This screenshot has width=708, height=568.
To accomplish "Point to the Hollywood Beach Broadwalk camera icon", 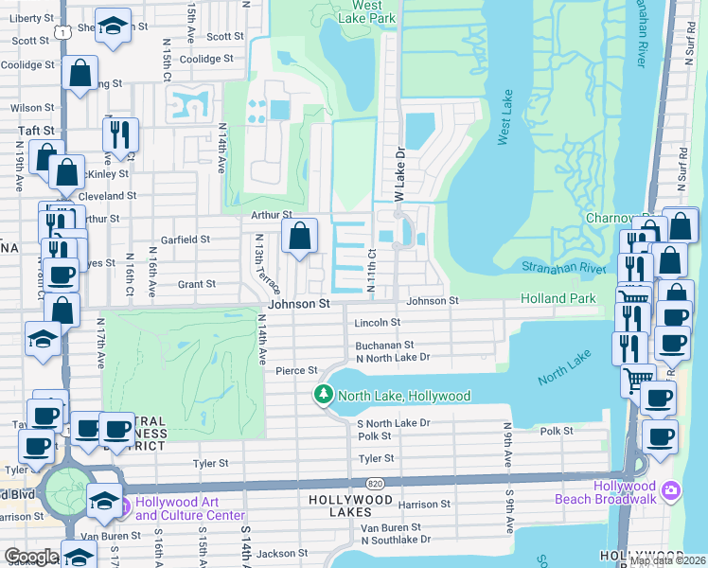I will [x=671, y=489].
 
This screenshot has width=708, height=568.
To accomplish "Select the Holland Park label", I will [x=558, y=299].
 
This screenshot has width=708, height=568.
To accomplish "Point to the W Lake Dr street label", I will [x=399, y=175].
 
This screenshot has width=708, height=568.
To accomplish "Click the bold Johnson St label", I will [x=298, y=305].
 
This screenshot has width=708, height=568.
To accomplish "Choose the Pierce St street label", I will [x=295, y=371].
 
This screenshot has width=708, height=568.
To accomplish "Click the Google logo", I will [x=30, y=557].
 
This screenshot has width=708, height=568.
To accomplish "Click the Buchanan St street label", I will [x=384, y=346].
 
